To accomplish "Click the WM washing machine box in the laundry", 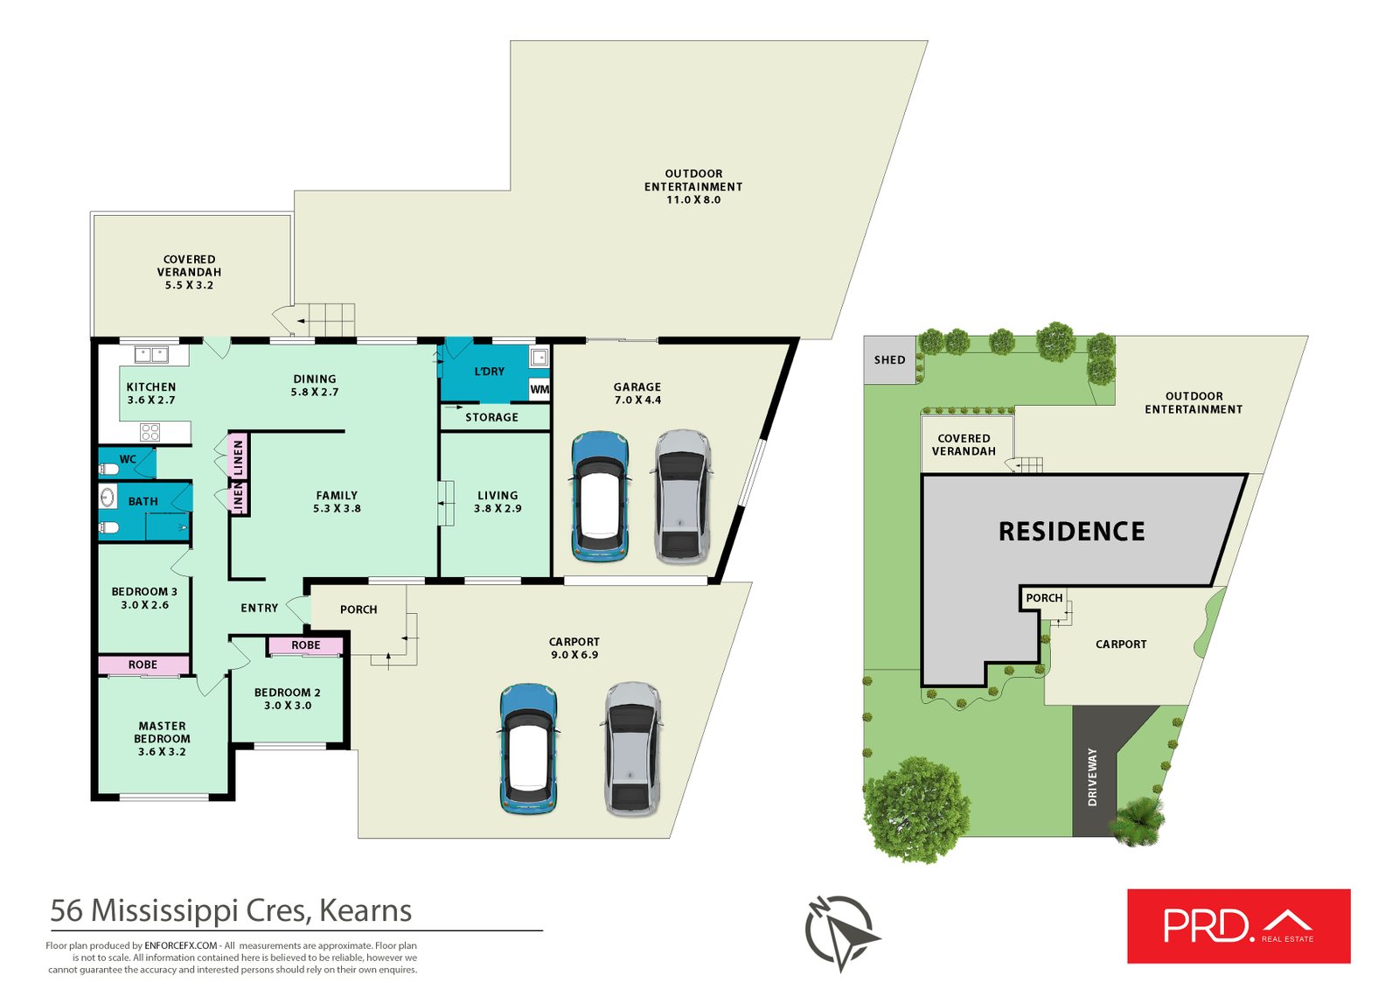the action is coord(539,389).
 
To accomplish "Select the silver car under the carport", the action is coord(632,749).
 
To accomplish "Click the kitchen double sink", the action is coord(152,355).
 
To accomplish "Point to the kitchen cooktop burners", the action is coord(150,431).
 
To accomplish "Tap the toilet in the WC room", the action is coord(109,469).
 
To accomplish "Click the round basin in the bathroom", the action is coord(108,498).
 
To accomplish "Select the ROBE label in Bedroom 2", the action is coord(305,644).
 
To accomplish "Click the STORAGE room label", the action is coord(491,417).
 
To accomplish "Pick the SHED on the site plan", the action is coord(889,360).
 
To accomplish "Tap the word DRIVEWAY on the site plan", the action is coord(1092,777).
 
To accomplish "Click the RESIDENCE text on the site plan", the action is coord(1072,532).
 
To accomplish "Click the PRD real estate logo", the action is coord(1238,926).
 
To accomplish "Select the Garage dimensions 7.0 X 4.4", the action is coord(637,400).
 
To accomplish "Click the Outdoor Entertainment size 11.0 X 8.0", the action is coord(693,200).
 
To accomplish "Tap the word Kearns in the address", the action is coord(365,910).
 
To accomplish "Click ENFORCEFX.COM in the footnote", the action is coord(180,945).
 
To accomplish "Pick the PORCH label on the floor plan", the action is coord(358,609).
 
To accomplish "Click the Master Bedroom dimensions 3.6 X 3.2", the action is coord(162,752).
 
